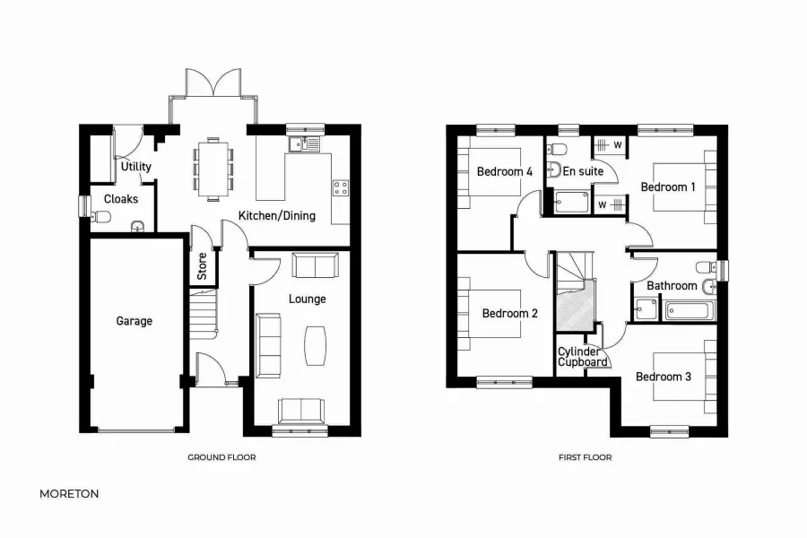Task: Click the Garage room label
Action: [x=134, y=321]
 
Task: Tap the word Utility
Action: [x=136, y=167]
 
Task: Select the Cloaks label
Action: [x=121, y=199]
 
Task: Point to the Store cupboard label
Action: [x=202, y=266]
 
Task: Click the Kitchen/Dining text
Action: [x=276, y=215]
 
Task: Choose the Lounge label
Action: [x=308, y=299]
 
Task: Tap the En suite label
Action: [x=583, y=171]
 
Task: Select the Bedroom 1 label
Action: [x=667, y=187]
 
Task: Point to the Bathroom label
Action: [x=672, y=286]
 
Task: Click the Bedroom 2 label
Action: [x=509, y=314]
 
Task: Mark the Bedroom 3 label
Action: [x=663, y=377]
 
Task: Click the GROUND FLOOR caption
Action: [x=221, y=457]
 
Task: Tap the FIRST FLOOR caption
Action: [x=585, y=457]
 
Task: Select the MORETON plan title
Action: [x=69, y=493]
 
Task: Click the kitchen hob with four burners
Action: [x=341, y=188]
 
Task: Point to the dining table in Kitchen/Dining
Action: [x=213, y=168]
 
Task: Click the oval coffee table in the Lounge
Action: [x=315, y=345]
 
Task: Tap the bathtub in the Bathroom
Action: [x=690, y=312]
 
